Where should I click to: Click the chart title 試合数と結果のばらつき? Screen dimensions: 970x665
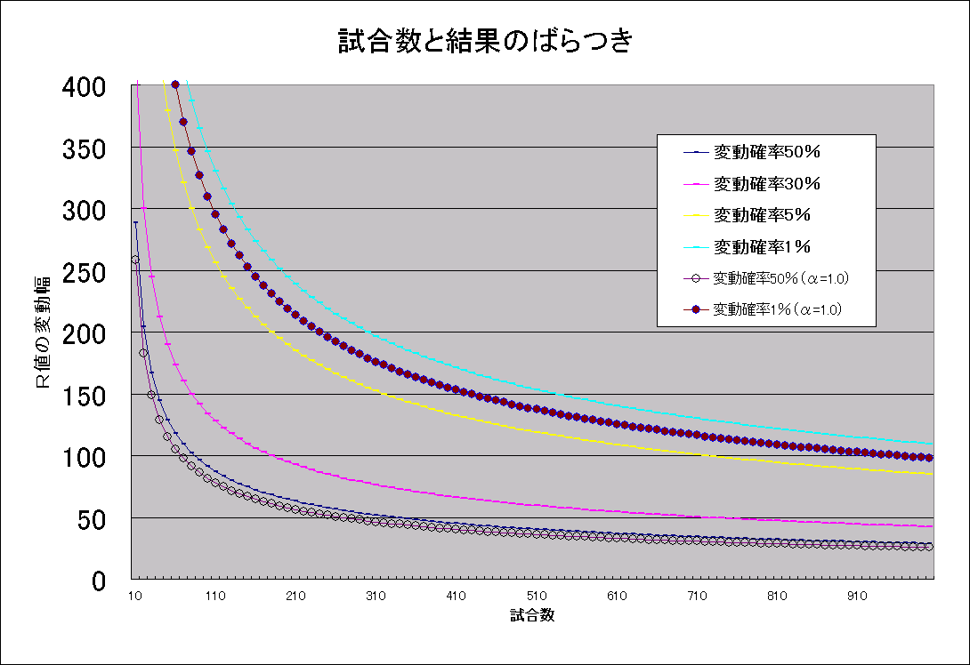click(485, 41)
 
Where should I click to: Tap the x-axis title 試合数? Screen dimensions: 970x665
click(532, 615)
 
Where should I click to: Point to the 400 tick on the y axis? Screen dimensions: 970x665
click(84, 86)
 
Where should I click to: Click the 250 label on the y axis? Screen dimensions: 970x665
click(84, 272)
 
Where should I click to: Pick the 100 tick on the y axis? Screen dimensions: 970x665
click(84, 457)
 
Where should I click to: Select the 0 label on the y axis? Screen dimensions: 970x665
click(99, 581)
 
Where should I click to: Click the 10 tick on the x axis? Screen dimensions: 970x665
click(135, 596)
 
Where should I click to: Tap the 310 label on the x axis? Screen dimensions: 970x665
click(376, 596)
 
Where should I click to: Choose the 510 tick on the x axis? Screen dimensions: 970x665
click(537, 596)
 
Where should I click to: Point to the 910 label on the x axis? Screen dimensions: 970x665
click(857, 596)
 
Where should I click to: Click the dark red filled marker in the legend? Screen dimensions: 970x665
click(696, 309)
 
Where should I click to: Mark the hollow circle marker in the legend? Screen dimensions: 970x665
click(696, 279)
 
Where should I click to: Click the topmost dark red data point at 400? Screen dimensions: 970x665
click(175, 84)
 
